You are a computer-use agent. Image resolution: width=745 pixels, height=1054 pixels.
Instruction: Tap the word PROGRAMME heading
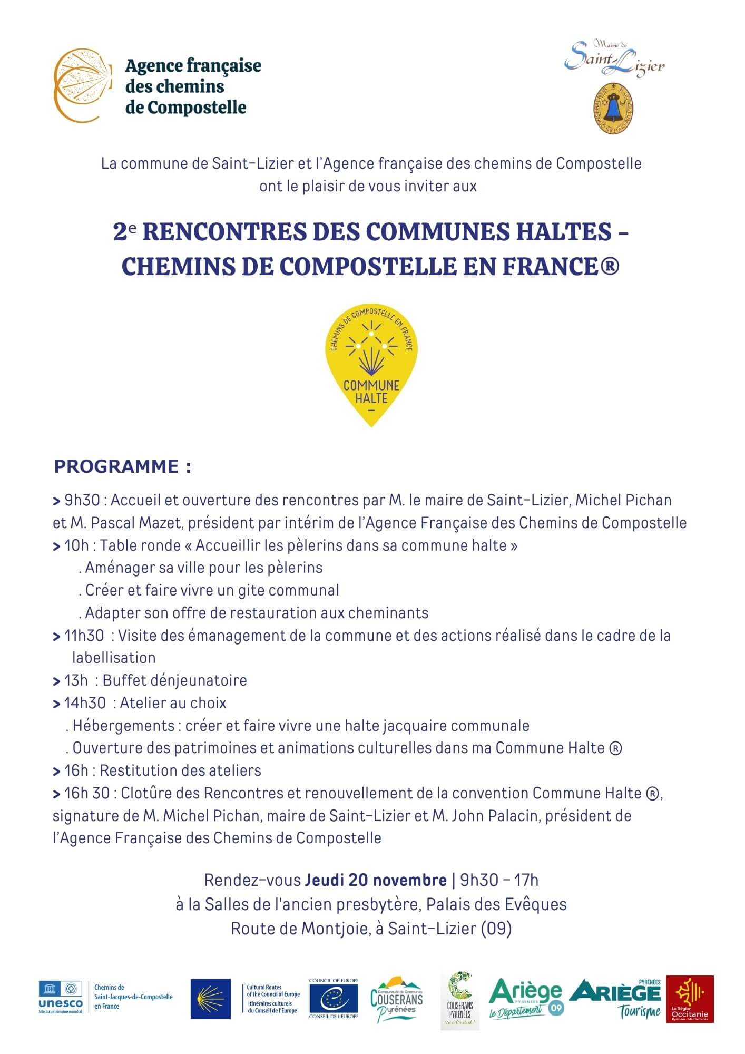(x=116, y=466)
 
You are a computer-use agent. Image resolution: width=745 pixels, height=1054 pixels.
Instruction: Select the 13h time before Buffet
(x=76, y=680)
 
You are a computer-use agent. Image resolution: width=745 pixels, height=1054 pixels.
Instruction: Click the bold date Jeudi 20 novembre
(x=376, y=880)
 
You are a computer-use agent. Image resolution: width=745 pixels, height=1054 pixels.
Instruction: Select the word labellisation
(x=114, y=658)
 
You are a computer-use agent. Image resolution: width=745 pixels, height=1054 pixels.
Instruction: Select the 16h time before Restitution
(x=76, y=770)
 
